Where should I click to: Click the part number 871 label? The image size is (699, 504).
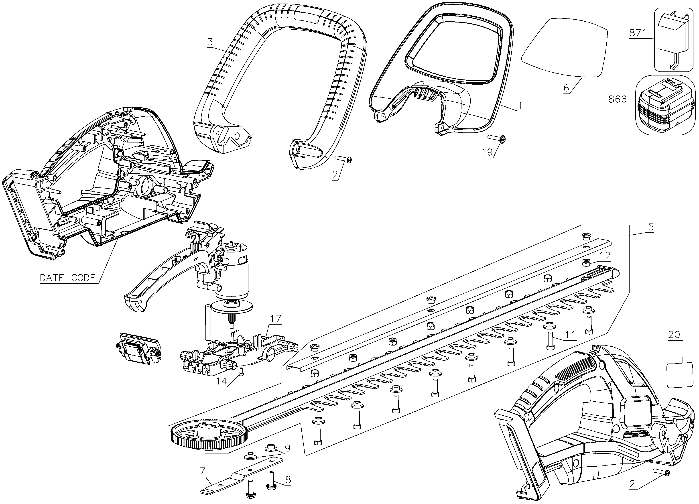coord(637,33)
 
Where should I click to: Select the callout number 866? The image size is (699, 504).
coord(617,99)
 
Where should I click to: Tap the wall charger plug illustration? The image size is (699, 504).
coord(671,43)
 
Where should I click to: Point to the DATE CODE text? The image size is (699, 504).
coord(68,278)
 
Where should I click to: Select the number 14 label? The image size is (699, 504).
coord(221,381)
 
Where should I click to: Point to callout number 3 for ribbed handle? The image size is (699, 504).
coord(210,42)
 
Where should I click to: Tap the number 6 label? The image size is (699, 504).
coord(566,88)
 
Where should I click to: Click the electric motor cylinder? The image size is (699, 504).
coord(235,277)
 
